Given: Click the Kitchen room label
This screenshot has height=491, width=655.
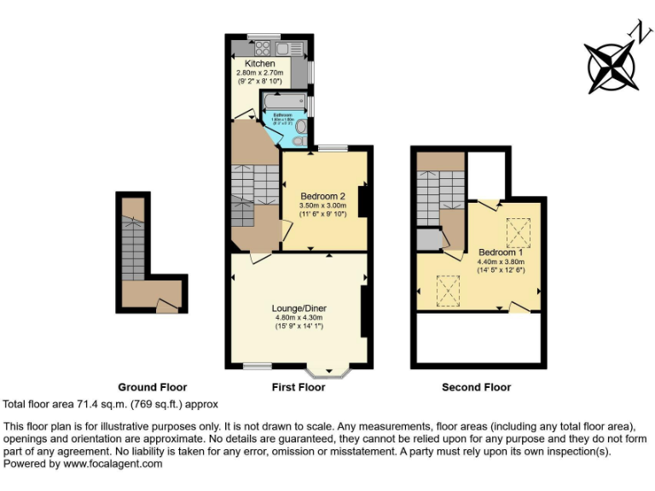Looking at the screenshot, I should pos(260,64).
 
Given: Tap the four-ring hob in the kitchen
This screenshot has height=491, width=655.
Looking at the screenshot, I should pos(262,48).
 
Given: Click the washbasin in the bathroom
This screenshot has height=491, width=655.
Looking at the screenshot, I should pos(300,127).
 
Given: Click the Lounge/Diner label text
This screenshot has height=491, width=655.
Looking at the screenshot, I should pos(299,308).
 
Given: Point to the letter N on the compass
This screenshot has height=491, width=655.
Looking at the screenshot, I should pos(636,32).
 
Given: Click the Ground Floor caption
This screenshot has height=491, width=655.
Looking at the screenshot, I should pos(152,387).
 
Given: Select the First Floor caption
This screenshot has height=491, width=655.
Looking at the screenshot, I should pos(299,387).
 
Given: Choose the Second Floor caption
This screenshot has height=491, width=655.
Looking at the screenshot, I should pos(476,387).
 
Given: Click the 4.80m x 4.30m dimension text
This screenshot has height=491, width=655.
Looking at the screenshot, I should pos(299,318).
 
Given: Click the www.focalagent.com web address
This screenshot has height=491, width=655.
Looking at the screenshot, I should pos(112,464).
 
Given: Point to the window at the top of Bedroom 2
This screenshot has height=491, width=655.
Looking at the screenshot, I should pos(333,149).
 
